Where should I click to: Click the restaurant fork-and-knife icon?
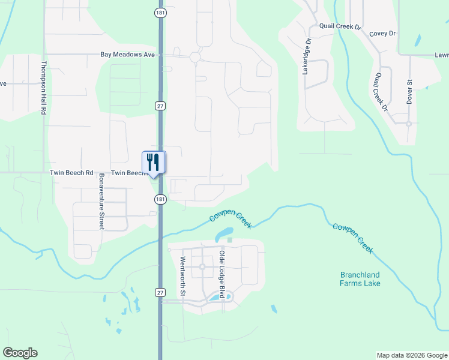pos(153,162)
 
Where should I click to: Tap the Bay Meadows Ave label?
pos(128,55)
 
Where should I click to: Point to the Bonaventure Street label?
pos(101,201)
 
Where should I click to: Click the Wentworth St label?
pos(183,277)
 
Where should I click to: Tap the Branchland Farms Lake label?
pos(360,279)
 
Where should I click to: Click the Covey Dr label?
pos(383,34)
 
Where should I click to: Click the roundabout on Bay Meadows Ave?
pos(194,57)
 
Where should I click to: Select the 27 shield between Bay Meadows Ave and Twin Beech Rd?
pos(160,106)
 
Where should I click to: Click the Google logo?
pos(20,353)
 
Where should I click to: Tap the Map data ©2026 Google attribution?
pos(411,355)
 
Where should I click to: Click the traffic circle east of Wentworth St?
pos(202,266)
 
